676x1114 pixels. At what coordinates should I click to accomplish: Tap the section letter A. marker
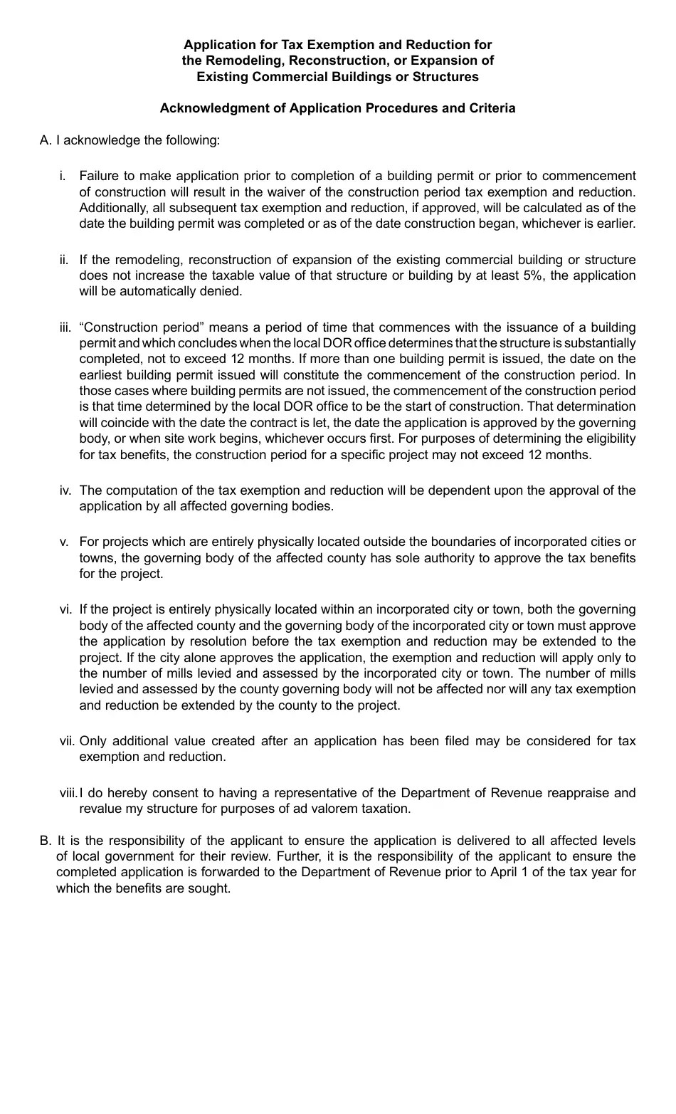click(46, 140)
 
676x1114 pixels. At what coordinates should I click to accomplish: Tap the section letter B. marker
click(46, 841)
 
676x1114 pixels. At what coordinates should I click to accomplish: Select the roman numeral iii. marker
click(65, 327)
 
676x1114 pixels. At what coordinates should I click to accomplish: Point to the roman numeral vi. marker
click(65, 609)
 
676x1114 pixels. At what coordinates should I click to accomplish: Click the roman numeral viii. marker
click(68, 793)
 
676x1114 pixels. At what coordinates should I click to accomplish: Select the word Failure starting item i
click(99, 176)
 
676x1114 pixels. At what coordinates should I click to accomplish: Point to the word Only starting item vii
click(93, 741)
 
